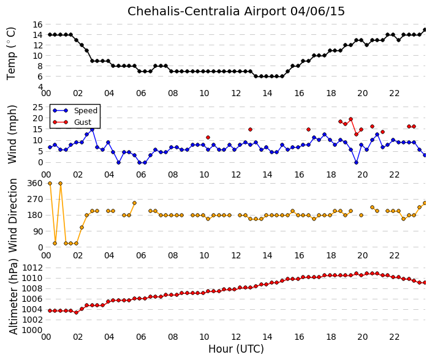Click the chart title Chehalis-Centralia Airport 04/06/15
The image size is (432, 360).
236,12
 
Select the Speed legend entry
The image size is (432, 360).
75,111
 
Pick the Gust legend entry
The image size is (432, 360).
72,122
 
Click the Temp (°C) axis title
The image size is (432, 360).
11,54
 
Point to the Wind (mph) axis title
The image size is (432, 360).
12,134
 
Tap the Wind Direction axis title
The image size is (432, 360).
13,216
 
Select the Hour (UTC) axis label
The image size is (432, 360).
236,349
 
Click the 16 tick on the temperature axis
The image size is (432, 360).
38,24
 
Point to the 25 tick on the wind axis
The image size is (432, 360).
38,107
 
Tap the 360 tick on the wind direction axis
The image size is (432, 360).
35,183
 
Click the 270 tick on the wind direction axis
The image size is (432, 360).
35,199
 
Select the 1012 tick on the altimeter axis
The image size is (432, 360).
32,268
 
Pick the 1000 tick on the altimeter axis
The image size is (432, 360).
32,330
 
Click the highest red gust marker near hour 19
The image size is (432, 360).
351,119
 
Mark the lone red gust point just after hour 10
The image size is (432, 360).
208,137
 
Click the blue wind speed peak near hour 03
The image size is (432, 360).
93,129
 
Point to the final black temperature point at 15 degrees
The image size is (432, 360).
425,30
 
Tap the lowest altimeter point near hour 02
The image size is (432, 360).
77,312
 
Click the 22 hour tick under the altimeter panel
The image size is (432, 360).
394,337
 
